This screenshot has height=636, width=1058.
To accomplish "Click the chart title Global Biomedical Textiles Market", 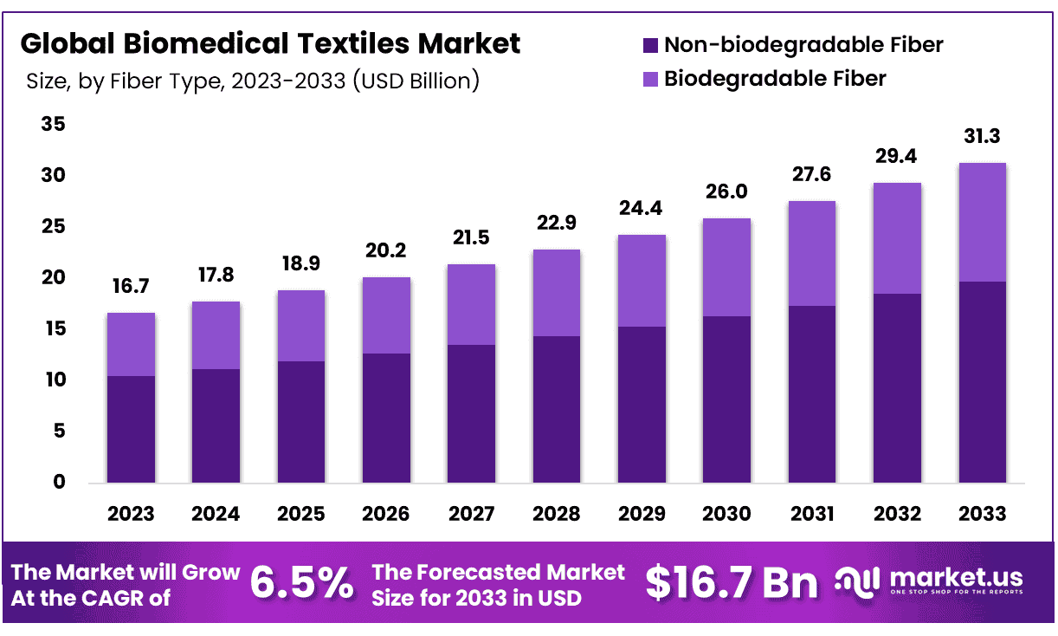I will coord(270,42).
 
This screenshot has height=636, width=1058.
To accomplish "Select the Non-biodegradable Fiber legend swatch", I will coord(650,45).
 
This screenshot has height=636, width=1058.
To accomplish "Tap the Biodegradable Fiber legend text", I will coord(775,79).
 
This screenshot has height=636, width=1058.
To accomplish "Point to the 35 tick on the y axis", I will coord(54,125).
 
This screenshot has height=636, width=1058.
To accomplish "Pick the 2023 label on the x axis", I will coord(131,514).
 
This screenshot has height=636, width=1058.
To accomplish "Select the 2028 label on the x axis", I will coord(557,514).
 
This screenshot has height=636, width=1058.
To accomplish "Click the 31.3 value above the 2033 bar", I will coord(983,137).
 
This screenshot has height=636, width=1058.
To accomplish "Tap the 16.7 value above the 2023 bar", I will coord(131,287).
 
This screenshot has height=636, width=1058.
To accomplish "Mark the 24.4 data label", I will coord(642,209).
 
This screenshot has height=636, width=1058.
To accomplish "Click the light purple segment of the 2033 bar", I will coord(983,222).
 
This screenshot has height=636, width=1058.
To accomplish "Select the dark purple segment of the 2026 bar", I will coord(386,418).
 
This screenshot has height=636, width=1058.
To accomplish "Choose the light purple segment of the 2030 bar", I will coord(726,267).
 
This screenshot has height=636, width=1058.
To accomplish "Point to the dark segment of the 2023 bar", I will coord(131,429).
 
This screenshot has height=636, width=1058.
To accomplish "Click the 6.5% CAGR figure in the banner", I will coord(301,583).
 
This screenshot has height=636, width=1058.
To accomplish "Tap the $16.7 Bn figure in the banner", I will coord(732,583).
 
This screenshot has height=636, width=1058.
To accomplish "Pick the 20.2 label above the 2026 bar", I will coord(386,251).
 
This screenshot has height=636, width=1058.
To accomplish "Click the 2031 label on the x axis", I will coord(812,514).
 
